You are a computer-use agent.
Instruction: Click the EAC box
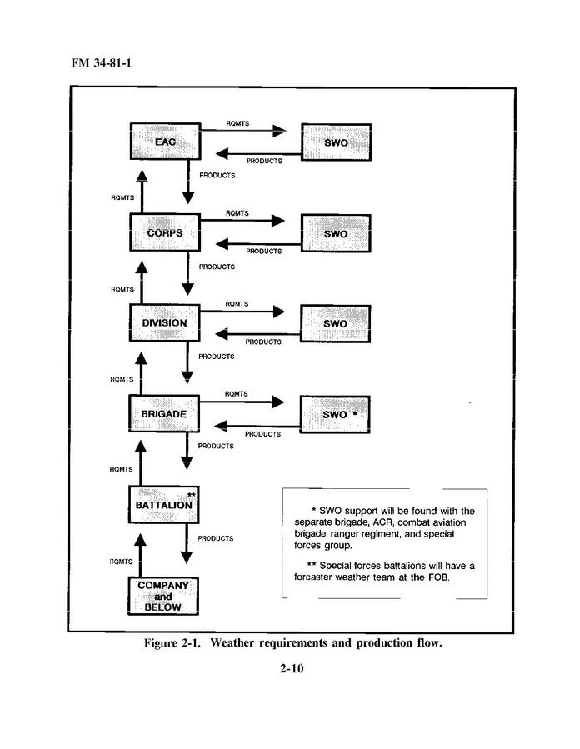point(165,142)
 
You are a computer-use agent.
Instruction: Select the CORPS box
point(165,232)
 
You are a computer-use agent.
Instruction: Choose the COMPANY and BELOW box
point(165,596)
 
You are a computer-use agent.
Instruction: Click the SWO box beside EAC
point(335,142)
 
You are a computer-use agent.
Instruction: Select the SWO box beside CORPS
point(335,233)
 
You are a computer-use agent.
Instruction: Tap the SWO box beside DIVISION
point(335,323)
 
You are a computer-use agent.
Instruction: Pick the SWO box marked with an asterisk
point(335,414)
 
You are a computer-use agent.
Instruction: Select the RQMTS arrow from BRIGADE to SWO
point(243,402)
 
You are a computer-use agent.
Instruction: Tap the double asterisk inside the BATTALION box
point(191,495)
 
